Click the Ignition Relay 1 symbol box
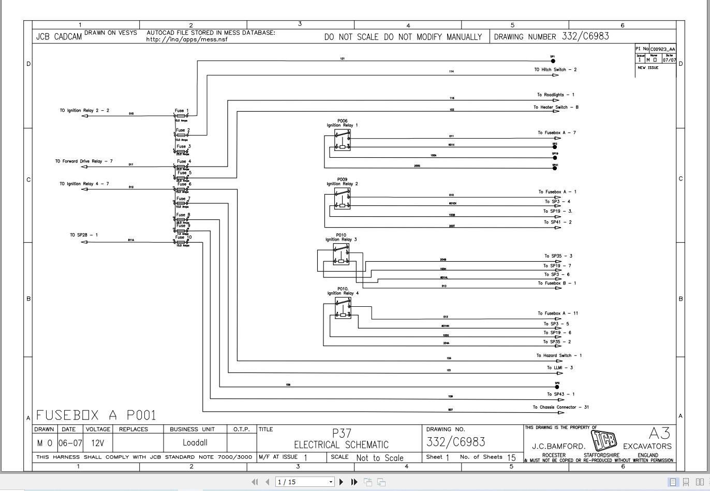(342, 140)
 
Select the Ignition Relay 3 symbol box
(341, 255)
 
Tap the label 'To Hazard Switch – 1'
(559, 355)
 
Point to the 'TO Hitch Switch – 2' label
(555, 69)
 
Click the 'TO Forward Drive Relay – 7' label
(84, 161)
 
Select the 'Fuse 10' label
(184, 237)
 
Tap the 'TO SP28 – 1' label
(84, 235)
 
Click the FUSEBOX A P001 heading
(96, 415)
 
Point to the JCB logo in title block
(604, 441)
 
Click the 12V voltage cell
(97, 443)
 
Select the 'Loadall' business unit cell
(195, 443)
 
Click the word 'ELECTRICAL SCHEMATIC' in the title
(341, 445)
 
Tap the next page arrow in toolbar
(341, 482)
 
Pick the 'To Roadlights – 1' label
(555, 95)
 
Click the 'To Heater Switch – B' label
(556, 107)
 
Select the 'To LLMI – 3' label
(560, 368)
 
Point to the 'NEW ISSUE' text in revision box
(648, 68)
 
